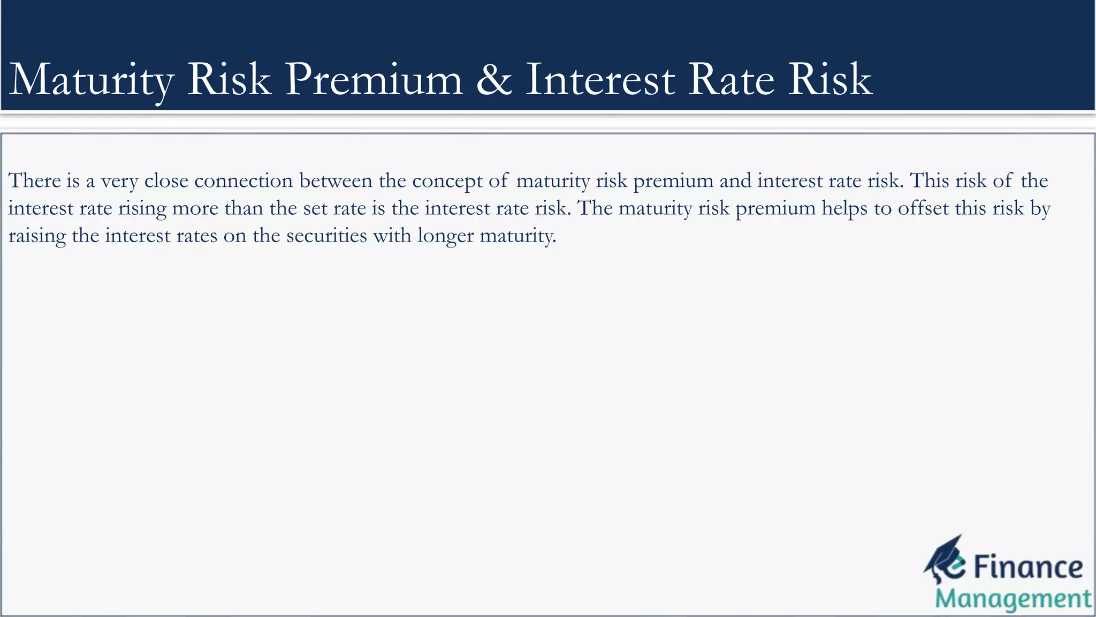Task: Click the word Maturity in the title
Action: tap(91, 80)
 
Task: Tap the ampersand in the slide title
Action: tap(493, 79)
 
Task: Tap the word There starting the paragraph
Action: tap(34, 181)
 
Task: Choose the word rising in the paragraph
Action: tap(142, 209)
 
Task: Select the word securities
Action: tap(326, 236)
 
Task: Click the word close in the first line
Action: tap(166, 181)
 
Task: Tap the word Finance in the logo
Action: tap(1028, 567)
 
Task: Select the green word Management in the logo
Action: tap(1013, 599)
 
